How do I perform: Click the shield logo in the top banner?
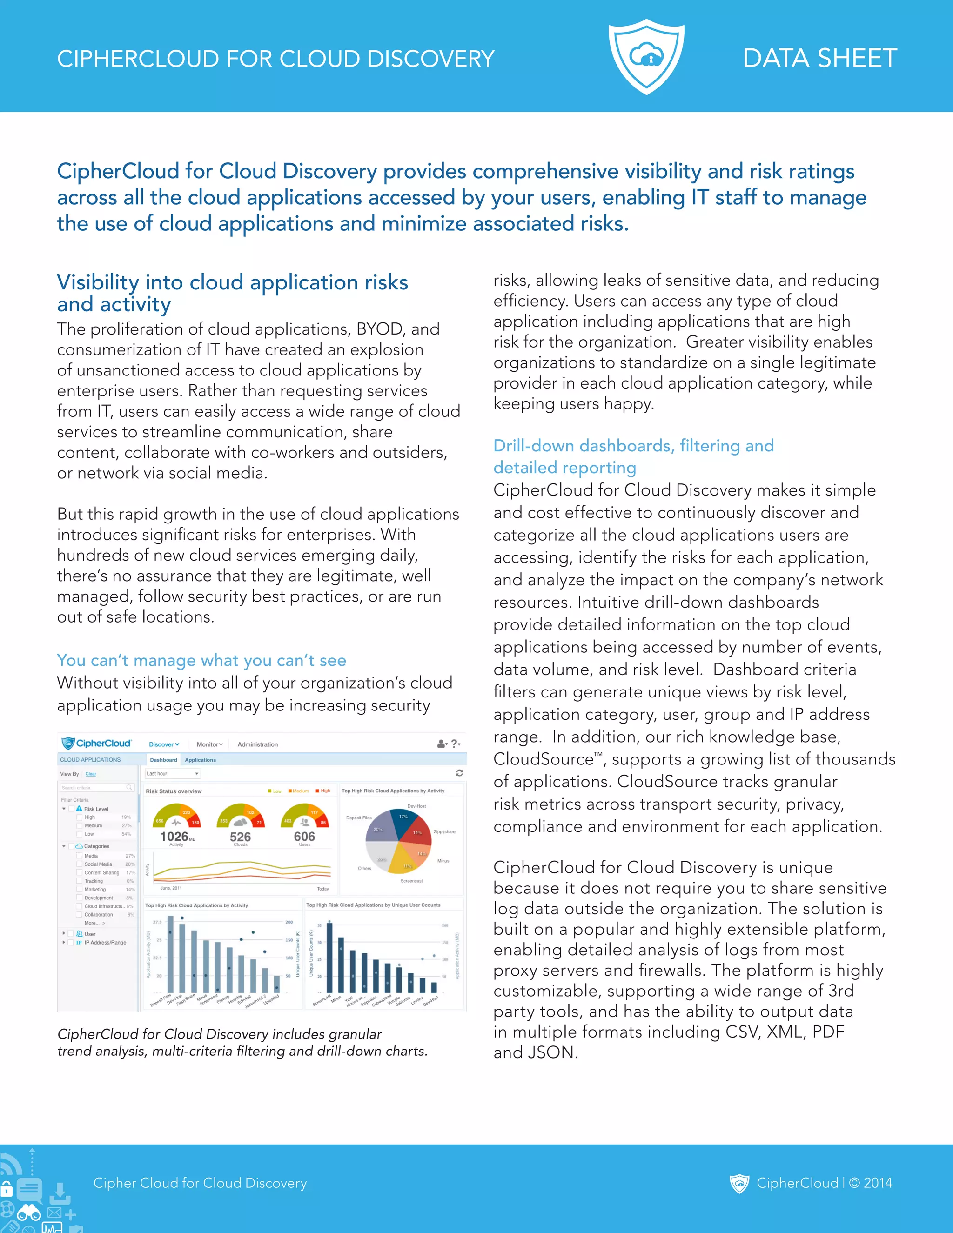[x=646, y=56]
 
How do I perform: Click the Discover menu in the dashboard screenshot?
[x=163, y=744]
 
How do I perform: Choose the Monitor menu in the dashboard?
[x=209, y=744]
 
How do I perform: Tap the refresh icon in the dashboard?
[x=459, y=773]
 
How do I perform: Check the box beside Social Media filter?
[x=79, y=864]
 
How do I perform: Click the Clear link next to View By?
[x=91, y=774]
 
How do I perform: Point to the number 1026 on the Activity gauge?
[x=174, y=836]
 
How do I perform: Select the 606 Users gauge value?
[x=304, y=836]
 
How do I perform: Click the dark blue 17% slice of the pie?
[x=403, y=821]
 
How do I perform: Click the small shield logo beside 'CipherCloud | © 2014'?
[x=739, y=1183]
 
